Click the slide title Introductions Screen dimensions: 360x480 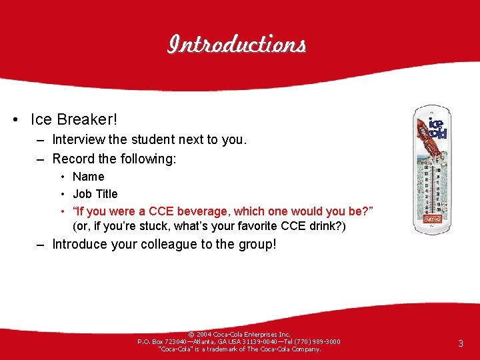coord(237,45)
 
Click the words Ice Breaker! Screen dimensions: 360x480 coord(73,119)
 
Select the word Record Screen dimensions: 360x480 coord(73,159)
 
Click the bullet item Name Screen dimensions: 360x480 coord(88,177)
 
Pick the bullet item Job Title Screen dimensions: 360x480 coord(95,194)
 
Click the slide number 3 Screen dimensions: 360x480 coord(460,343)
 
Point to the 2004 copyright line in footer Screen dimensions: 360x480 coord(239,334)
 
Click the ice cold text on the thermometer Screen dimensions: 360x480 coord(437,128)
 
